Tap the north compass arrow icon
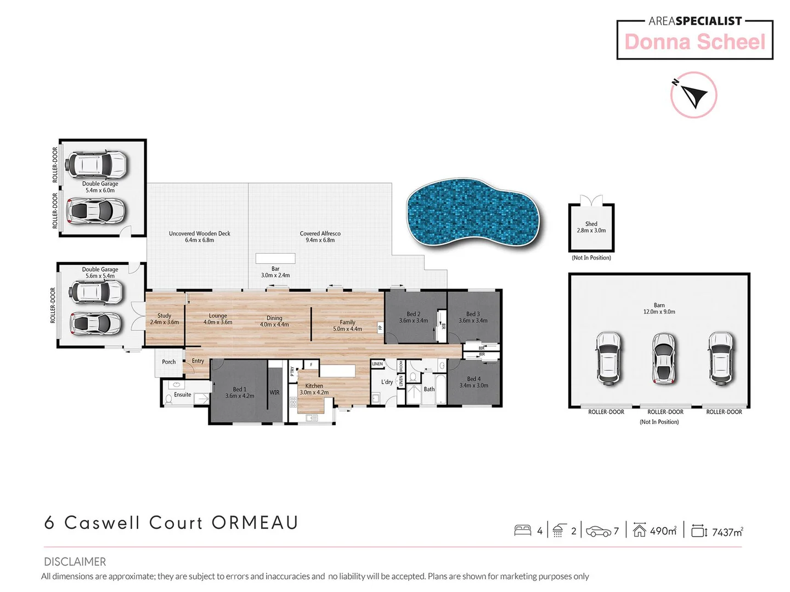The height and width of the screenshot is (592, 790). click(693, 95)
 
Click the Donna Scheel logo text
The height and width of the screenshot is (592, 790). click(695, 42)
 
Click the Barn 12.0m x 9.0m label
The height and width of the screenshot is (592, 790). click(659, 309)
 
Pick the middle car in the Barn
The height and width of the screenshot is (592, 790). click(663, 359)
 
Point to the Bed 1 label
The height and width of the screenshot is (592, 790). click(240, 392)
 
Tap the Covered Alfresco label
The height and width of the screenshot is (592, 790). click(320, 237)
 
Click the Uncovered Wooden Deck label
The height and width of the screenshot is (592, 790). click(199, 237)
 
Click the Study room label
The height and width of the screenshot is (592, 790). click(164, 319)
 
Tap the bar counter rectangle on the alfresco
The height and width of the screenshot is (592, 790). click(275, 258)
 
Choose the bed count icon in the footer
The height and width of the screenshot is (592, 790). click(522, 530)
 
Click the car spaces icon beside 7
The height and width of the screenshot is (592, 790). click(598, 531)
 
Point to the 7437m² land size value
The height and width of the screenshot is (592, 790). click(727, 532)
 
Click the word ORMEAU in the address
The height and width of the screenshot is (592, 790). click(255, 522)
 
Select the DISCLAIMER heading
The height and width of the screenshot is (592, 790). click(75, 561)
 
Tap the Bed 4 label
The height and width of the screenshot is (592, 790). click(473, 382)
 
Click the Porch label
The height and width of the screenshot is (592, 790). click(169, 362)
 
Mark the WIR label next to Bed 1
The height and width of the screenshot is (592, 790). click(274, 392)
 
